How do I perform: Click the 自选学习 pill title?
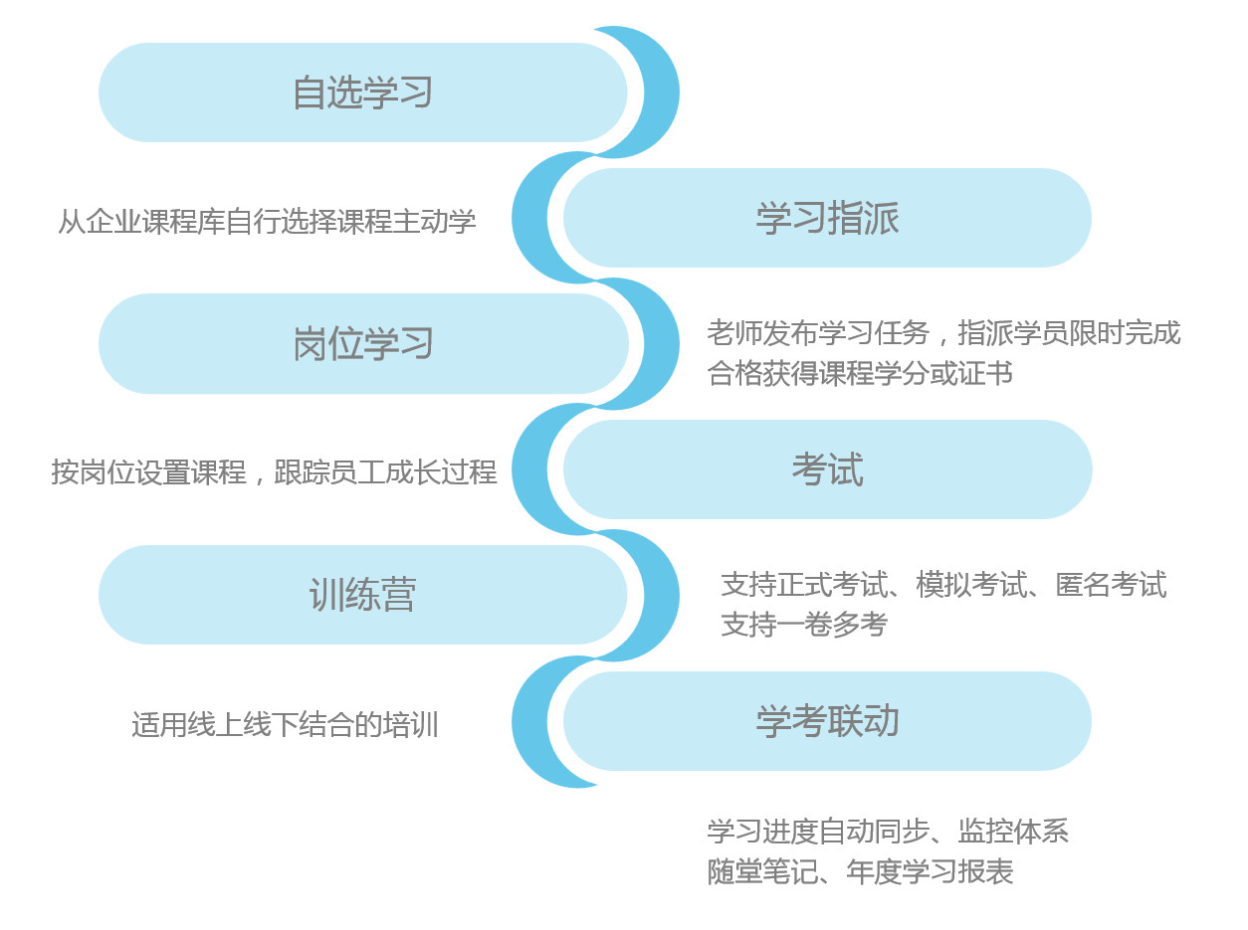coord(362,93)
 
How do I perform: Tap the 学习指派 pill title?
coord(827,218)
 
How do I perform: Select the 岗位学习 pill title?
coord(362,344)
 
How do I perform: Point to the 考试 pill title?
coord(827,469)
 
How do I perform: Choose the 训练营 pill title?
coord(362,595)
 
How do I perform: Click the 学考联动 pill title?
coord(827,721)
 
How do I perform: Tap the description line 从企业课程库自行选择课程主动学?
coord(267,222)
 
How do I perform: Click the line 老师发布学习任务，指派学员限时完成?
coord(943,333)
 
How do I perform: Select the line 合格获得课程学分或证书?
coord(860,373)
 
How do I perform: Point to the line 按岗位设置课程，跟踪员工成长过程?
coord(274,472)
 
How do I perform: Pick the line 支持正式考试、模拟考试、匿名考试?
coord(943,585)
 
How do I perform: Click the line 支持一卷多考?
coord(804,625)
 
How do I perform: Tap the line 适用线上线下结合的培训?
coord(285,725)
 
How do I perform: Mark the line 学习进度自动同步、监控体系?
coord(888,832)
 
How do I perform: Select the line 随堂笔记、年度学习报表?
coord(860,872)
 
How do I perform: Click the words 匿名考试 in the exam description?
coord(1112,585)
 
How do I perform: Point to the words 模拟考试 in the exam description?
coord(971,585)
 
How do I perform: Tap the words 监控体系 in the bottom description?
coord(1013,832)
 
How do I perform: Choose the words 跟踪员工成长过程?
coord(385,472)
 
